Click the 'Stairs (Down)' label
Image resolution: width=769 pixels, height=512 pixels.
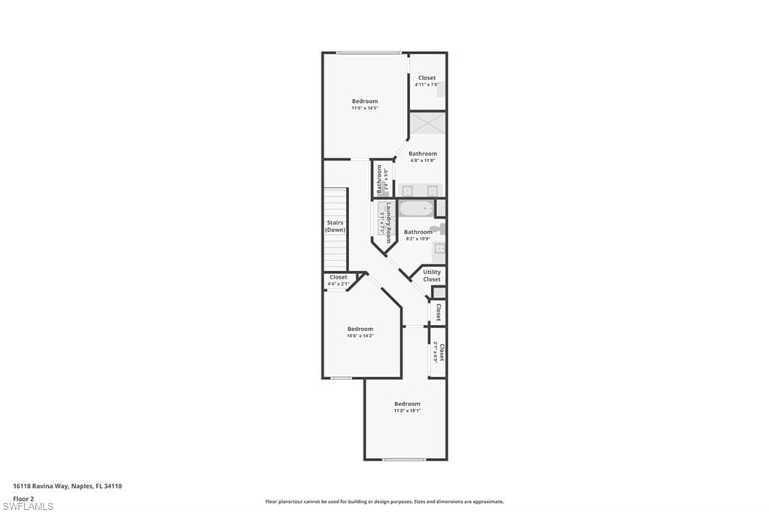[336, 226]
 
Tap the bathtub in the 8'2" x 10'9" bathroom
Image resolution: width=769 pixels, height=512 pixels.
[416, 209]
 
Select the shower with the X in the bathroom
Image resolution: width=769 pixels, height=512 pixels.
[427, 123]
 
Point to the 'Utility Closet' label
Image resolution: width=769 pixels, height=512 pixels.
[432, 276]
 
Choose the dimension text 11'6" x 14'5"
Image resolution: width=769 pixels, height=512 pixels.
[365, 108]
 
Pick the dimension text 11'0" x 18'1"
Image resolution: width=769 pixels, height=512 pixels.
[407, 411]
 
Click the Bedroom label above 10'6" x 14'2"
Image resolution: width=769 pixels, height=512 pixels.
[360, 329]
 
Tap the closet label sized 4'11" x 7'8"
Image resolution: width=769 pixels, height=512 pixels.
[427, 78]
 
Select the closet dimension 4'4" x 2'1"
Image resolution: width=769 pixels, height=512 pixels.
[339, 284]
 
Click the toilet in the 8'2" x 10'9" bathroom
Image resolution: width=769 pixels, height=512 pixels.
[439, 229]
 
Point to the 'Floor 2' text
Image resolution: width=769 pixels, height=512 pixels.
[24, 498]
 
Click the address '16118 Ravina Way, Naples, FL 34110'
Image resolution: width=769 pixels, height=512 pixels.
[68, 486]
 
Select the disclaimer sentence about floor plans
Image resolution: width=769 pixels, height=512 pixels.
[384, 501]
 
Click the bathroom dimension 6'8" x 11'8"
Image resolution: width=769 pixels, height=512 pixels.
[423, 161]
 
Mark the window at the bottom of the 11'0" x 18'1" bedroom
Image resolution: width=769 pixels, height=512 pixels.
[404, 459]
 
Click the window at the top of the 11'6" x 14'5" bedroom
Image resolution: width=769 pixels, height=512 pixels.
[368, 53]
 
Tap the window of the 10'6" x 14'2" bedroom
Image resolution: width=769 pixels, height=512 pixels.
[342, 378]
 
